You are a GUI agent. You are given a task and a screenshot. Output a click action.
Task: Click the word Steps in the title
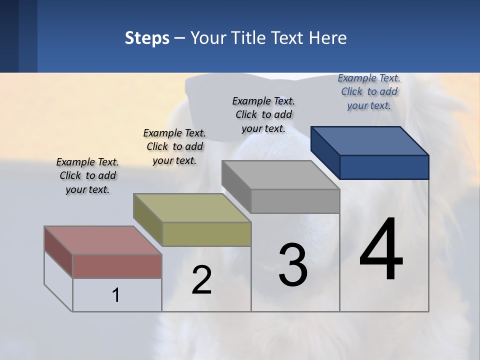point(147,38)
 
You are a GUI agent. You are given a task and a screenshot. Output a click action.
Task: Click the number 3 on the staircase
point(293,265)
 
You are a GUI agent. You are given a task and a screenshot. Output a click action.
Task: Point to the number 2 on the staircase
point(201,280)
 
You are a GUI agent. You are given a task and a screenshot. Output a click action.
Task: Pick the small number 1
point(116,295)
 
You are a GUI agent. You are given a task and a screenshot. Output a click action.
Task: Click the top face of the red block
point(103,240)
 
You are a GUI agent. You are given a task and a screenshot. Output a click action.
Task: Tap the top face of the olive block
point(192,208)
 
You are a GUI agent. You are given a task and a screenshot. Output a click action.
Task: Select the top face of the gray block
point(280,175)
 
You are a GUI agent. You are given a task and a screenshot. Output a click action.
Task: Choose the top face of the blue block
point(369,140)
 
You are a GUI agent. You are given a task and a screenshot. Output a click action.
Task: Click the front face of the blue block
point(384,167)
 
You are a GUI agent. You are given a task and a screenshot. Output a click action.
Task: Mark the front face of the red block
point(117,266)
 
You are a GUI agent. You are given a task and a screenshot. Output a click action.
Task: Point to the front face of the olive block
point(206,234)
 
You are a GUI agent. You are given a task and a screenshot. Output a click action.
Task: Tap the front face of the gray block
point(295,201)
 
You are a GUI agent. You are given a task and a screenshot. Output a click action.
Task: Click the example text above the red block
point(87,175)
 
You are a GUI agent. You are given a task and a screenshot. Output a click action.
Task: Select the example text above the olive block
point(174,146)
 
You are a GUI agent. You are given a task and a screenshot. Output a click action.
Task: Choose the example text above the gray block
point(263,114)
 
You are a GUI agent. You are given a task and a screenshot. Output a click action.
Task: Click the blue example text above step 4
point(369,91)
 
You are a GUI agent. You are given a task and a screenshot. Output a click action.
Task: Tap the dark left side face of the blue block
point(325,152)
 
